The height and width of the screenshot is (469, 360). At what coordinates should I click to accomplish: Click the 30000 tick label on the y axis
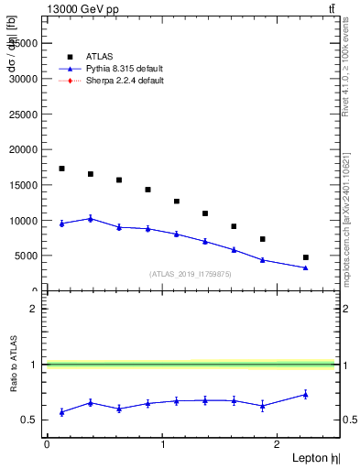[25, 79]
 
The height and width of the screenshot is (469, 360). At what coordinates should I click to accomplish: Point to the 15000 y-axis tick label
[25, 185]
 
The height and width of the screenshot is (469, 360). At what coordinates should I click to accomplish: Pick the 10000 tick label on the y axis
[25, 221]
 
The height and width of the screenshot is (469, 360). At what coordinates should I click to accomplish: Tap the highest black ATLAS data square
[61, 169]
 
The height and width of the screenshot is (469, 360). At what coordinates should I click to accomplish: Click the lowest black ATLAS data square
[306, 257]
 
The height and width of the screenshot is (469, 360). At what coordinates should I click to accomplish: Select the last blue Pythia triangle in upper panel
[306, 267]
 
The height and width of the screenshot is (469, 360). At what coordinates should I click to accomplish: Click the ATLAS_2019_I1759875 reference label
[191, 273]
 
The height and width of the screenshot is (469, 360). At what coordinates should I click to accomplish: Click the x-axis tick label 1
[162, 444]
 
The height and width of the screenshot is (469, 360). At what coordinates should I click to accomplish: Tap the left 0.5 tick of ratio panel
[33, 420]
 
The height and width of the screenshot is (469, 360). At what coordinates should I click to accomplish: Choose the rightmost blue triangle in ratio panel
[306, 394]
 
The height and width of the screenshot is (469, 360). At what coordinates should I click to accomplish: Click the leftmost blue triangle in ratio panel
[61, 412]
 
